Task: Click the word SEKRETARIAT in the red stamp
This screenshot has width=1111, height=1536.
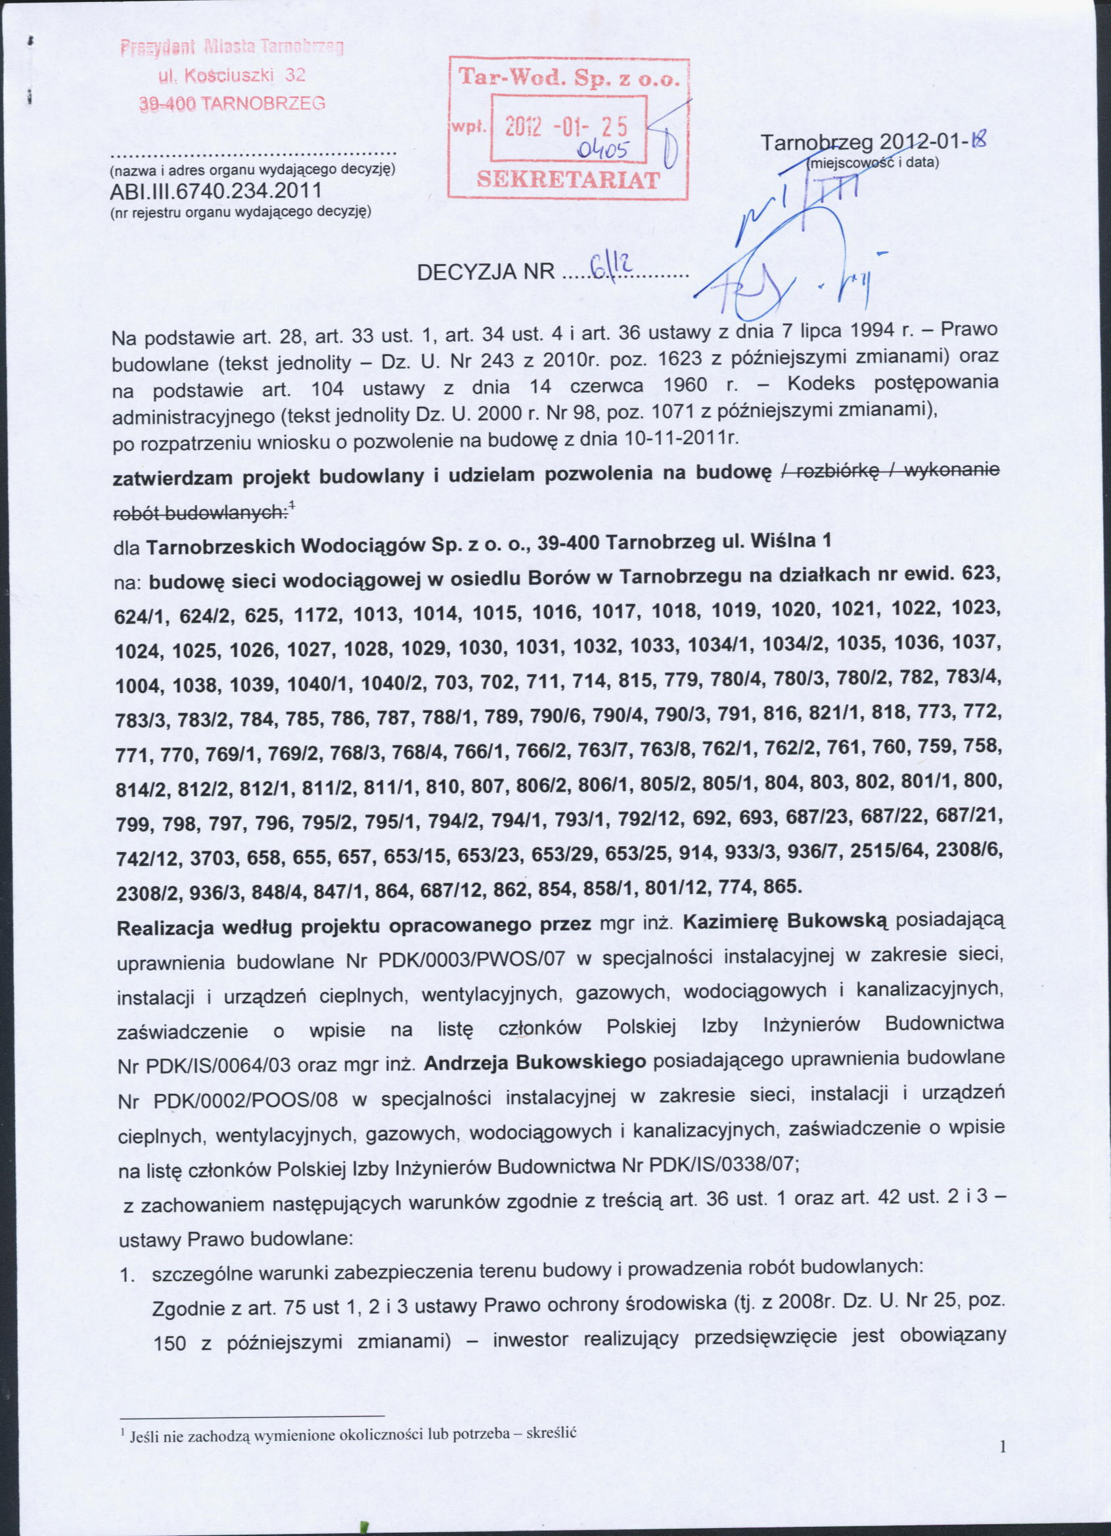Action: click(x=568, y=179)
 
